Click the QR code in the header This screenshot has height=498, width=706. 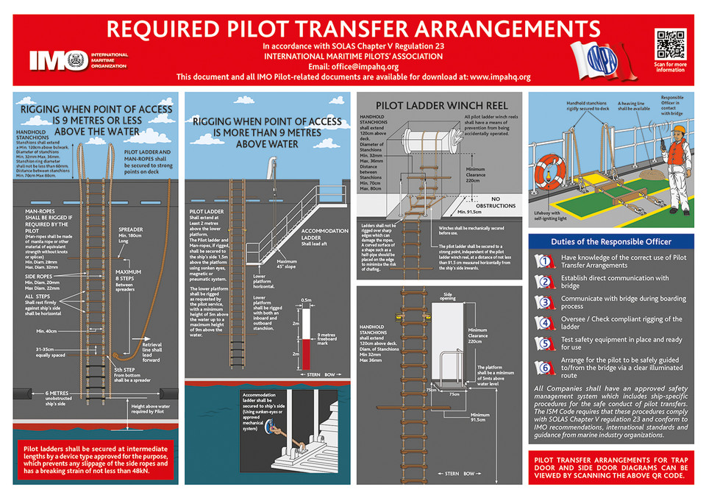[670, 43]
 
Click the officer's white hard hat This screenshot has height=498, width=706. [679, 130]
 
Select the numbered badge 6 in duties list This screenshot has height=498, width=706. [544, 367]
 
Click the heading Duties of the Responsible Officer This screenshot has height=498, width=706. [610, 241]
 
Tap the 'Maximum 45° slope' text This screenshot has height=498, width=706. [291, 264]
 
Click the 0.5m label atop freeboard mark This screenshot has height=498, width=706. [306, 300]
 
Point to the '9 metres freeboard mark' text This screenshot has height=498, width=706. [329, 340]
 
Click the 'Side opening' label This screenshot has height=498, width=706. [447, 296]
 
